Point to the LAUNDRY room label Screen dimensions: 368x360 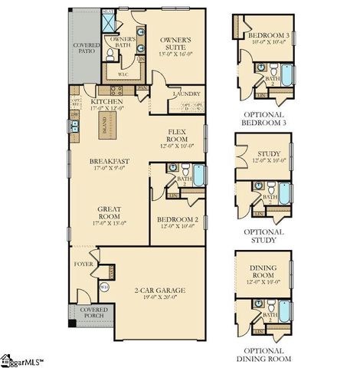click(x=186, y=94)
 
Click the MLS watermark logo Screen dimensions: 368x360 click(x=23, y=359)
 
